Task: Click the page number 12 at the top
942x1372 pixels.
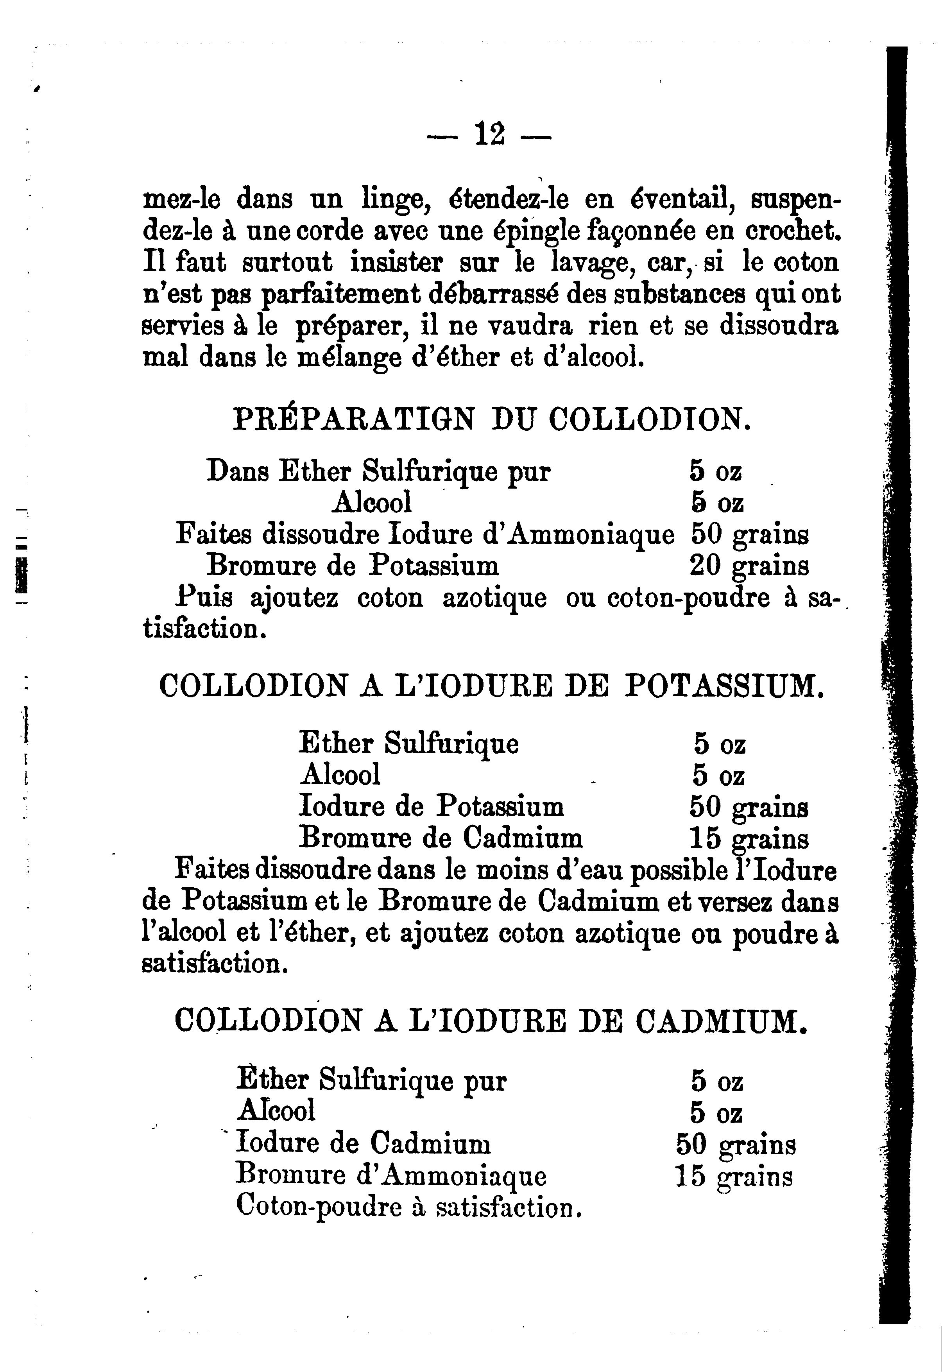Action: [x=489, y=134]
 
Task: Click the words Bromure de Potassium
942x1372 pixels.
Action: [x=352, y=566]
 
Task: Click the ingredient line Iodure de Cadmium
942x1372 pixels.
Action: [x=363, y=1144]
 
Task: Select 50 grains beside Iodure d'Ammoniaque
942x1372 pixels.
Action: [x=749, y=535]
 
